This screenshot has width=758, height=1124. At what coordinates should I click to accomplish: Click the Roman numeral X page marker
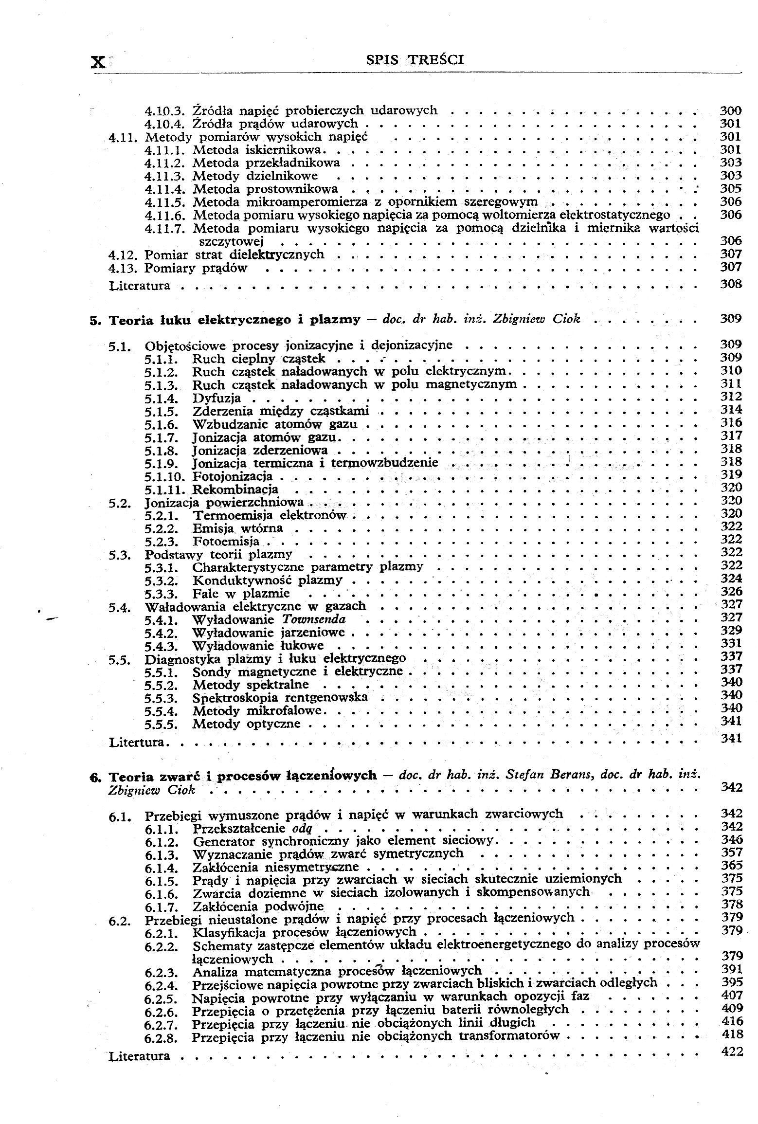pyautogui.click(x=98, y=62)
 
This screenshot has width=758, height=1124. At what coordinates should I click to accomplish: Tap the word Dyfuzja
pyautogui.click(x=217, y=399)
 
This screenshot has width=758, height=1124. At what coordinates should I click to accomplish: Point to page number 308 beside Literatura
pyautogui.click(x=731, y=284)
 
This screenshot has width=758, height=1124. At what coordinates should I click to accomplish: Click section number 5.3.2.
pyautogui.click(x=162, y=581)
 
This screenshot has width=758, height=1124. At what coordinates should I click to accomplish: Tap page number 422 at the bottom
pyautogui.click(x=732, y=1052)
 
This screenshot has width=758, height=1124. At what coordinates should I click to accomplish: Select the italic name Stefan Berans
pyautogui.click(x=549, y=775)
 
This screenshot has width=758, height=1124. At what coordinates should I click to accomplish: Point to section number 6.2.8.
pyautogui.click(x=162, y=1038)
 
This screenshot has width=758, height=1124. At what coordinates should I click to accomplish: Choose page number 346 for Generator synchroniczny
pyautogui.click(x=731, y=839)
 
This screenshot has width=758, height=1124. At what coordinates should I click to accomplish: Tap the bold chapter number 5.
pyautogui.click(x=93, y=321)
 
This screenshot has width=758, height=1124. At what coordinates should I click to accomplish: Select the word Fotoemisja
pyautogui.click(x=226, y=542)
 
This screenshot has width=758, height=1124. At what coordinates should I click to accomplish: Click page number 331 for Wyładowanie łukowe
pyautogui.click(x=731, y=644)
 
